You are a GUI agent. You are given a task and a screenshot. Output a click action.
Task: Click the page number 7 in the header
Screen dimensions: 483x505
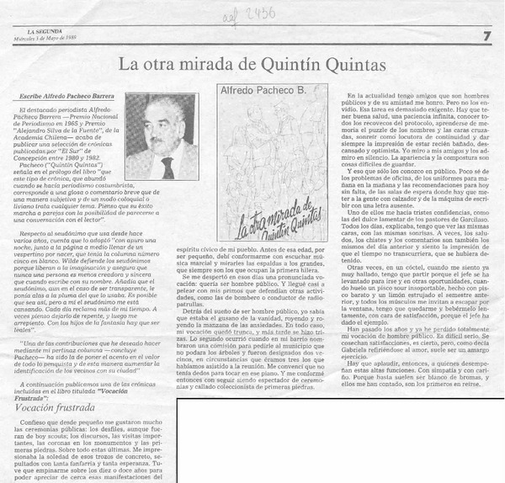click(487, 34)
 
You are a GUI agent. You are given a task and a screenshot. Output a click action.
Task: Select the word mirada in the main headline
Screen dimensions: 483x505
click(195, 63)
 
